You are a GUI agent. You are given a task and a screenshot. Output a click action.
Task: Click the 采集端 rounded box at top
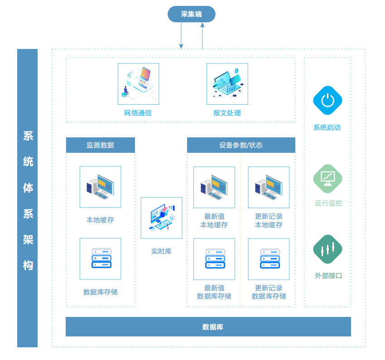[192, 14]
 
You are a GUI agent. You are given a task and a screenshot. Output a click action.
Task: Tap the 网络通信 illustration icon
[138, 84]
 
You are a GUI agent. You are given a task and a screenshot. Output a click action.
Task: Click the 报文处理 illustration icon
[227, 84]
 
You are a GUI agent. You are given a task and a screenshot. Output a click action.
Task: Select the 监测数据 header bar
[101, 145]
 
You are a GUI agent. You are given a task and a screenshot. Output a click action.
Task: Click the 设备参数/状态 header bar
[241, 145]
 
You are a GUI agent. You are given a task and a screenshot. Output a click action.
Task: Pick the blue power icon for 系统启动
[327, 100]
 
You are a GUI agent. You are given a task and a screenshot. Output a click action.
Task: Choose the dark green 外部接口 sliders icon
[327, 249]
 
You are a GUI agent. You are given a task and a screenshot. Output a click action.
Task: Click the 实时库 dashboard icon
[161, 218]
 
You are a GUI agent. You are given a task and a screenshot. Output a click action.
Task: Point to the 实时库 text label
[161, 251]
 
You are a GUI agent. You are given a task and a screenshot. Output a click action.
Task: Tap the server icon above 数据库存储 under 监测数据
[101, 258]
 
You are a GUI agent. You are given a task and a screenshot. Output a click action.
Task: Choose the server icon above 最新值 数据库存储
[214, 259]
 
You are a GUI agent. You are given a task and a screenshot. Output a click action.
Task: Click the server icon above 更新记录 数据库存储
[269, 259]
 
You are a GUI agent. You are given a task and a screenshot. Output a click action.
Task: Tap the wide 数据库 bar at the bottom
[208, 326]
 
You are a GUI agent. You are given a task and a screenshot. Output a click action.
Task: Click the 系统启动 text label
[327, 127]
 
